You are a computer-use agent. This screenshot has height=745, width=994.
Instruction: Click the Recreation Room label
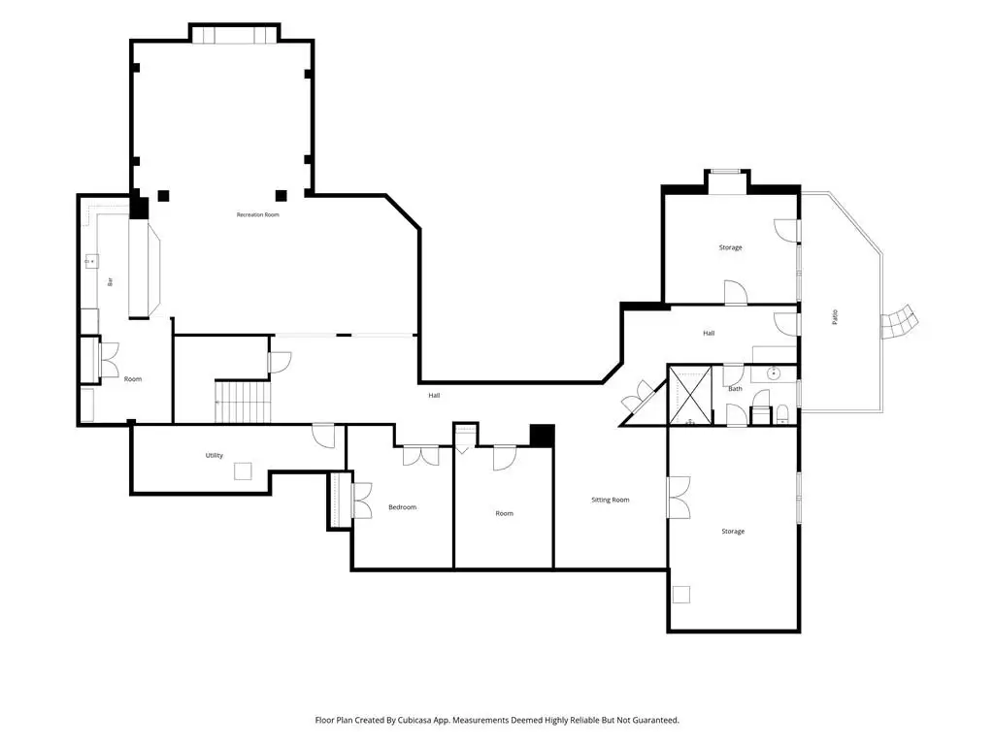pos(258,214)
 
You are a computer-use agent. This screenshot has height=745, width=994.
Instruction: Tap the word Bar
pos(111,282)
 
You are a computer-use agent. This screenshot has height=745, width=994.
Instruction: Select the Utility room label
pos(215,456)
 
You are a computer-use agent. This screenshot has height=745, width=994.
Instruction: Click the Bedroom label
pos(403,507)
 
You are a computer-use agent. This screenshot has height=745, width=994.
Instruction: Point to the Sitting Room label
pos(611,500)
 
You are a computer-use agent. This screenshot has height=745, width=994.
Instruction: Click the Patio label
pos(835,317)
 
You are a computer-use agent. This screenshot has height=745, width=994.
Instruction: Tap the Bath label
pos(736,389)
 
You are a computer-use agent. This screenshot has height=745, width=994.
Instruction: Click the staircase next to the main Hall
pos(243,402)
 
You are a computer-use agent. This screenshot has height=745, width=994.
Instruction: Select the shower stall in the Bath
pos(690,395)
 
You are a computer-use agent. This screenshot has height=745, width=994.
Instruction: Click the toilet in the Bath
pos(782,413)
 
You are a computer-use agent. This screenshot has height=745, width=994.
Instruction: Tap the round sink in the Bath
pos(774,373)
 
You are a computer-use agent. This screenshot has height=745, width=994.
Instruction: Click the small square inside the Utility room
pos(243,471)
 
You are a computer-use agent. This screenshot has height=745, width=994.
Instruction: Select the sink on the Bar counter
pos(91,260)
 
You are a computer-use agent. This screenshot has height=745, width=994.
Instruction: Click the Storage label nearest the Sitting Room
pos(733,532)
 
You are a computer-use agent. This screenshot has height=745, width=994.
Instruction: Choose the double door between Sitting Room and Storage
pos(679,498)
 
